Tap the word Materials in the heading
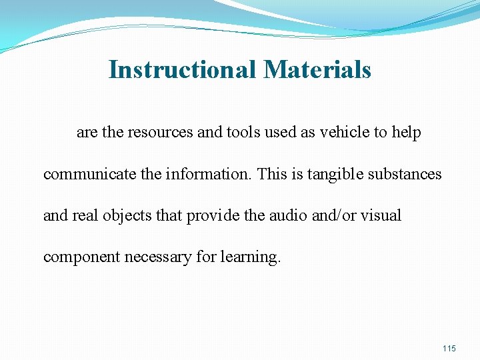pos(317,69)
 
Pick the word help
pos(407,133)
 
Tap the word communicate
pos(82,175)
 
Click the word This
pos(271,175)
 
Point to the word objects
pos(123,216)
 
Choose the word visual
pos(382,216)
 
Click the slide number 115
pos(449,349)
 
